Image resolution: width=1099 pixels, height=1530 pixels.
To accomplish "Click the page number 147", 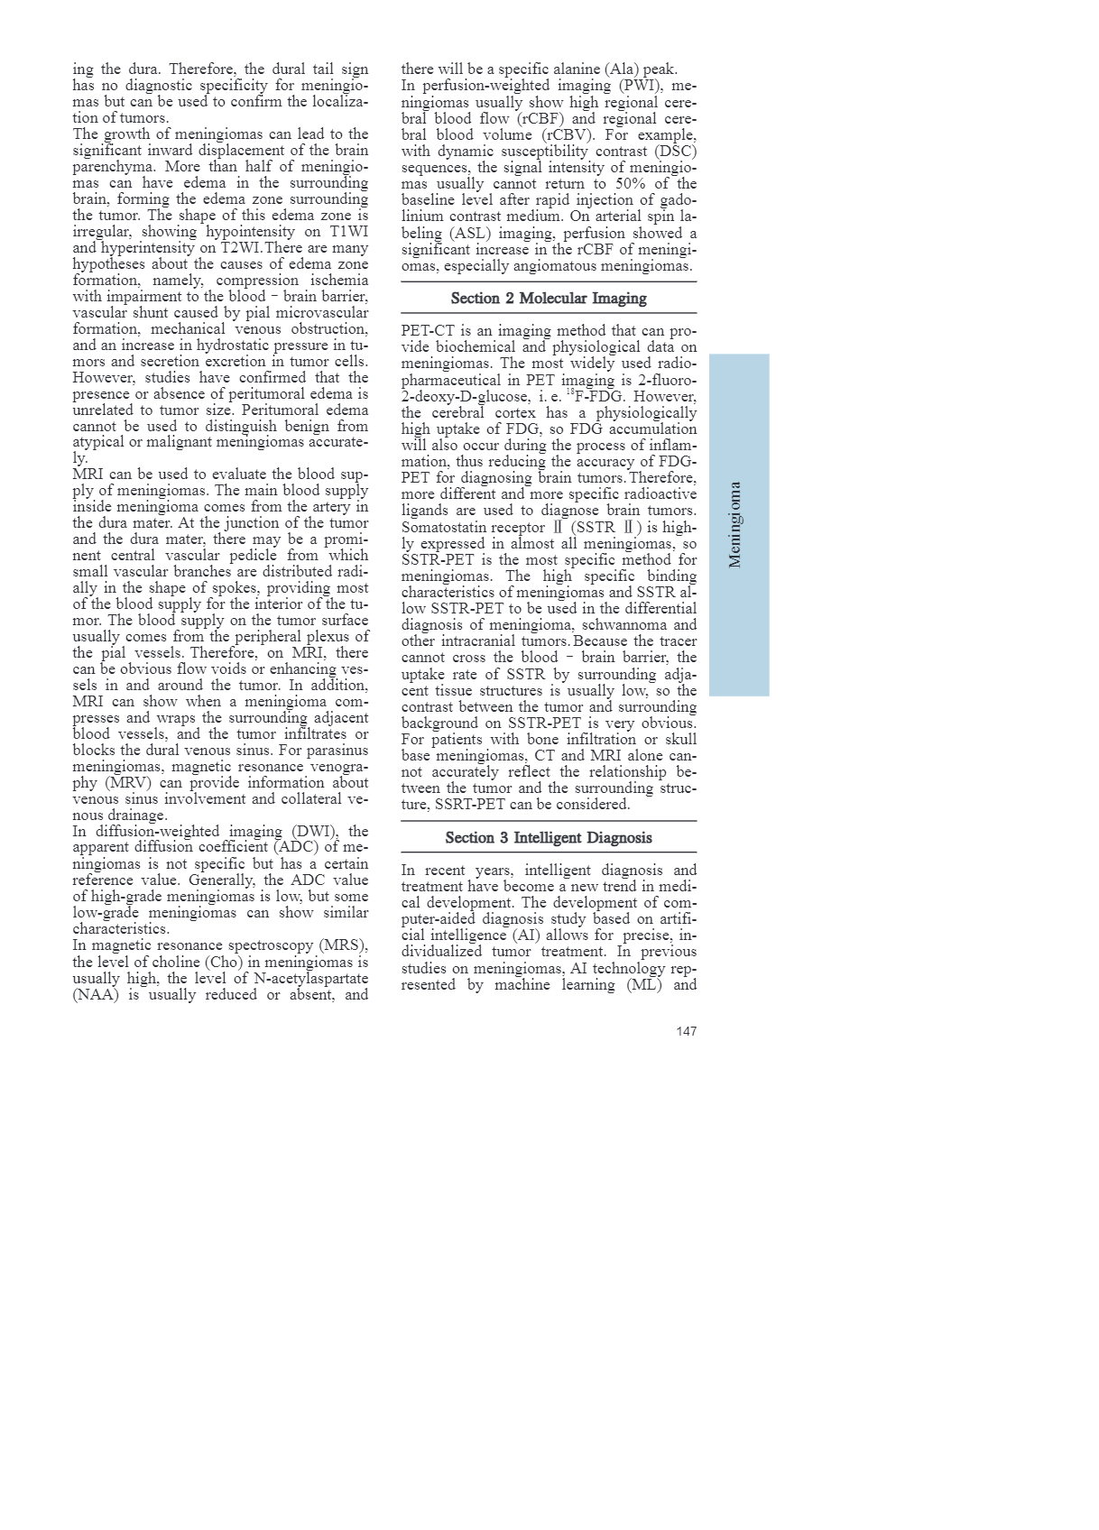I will tap(686, 1031).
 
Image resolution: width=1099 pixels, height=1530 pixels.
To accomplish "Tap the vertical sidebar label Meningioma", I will tap(735, 525).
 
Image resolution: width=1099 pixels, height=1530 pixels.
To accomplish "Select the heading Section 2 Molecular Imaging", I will tap(549, 299).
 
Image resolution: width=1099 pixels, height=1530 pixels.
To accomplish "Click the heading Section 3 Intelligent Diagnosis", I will tap(549, 838).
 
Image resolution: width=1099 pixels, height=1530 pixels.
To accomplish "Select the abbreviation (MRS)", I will tap(343, 945).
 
